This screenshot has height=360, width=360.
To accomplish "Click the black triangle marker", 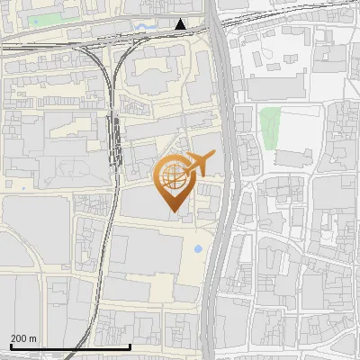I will coord(181,24).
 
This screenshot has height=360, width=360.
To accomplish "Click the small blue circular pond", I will coord(198,247).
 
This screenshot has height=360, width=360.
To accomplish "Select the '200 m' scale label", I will coord(23,338).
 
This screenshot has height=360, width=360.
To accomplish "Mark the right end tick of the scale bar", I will coord(130,345).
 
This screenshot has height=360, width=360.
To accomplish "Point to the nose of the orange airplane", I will coord(212,157).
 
